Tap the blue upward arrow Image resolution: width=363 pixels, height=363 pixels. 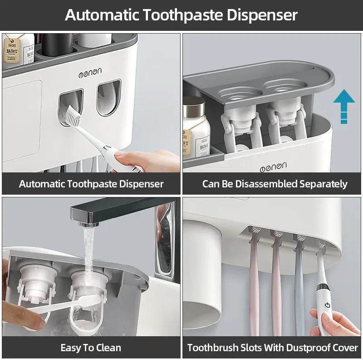click(343, 106)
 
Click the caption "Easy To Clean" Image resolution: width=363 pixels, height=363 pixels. click(91, 348)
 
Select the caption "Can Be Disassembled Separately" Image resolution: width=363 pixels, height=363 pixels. click(275, 184)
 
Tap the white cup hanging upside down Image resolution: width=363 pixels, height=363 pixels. click(202, 272)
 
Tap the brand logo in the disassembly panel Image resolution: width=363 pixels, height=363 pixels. click(273, 167)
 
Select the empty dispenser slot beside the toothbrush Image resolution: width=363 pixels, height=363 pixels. click(109, 98)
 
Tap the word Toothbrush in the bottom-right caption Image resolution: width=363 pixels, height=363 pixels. click(213, 348)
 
